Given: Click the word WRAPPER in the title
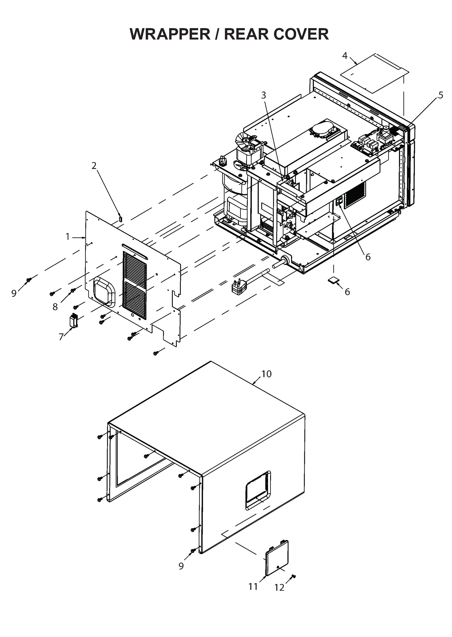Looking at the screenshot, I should click(x=170, y=34).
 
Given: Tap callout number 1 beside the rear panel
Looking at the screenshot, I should click(x=68, y=236).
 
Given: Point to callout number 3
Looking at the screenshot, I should click(x=263, y=95).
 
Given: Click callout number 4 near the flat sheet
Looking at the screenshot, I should click(x=345, y=56).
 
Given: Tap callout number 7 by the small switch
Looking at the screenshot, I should click(x=61, y=337).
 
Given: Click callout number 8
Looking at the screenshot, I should click(x=55, y=307).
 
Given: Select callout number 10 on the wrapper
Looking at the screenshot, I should click(x=266, y=374).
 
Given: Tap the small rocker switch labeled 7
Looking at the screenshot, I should click(x=74, y=320).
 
